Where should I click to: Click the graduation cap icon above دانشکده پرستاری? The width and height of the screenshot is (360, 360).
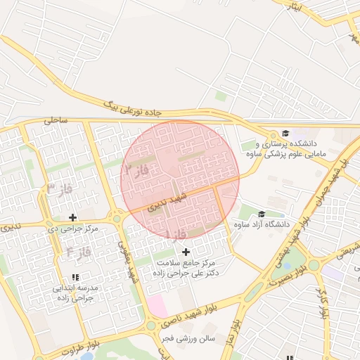click(285, 134)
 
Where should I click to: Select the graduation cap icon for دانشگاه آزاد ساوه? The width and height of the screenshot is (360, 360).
click(262, 214)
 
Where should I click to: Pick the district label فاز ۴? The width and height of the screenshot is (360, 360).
click(77, 250)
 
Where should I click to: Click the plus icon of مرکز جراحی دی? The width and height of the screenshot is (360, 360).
click(72, 217)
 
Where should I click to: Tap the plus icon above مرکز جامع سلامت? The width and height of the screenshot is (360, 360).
click(186, 252)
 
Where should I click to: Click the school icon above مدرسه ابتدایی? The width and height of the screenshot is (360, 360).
click(76, 278)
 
